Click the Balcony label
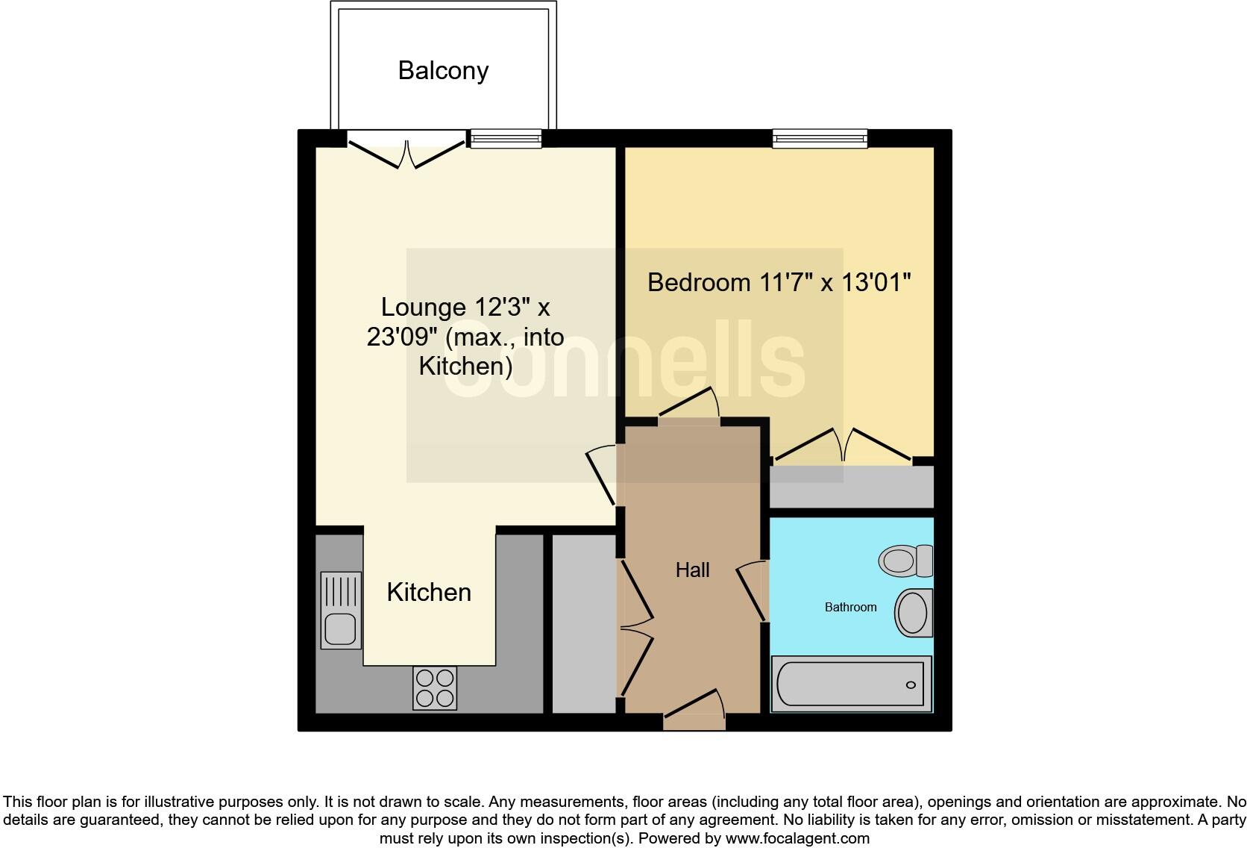click(x=443, y=71)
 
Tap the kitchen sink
click(x=341, y=611)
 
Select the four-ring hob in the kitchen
click(x=435, y=688)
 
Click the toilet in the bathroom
click(x=905, y=561)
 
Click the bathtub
click(x=851, y=684)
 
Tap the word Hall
click(x=692, y=570)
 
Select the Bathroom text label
click(x=850, y=608)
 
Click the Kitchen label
click(x=429, y=593)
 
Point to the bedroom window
click(x=820, y=139)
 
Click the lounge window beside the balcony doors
click(x=506, y=139)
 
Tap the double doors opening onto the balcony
click(x=407, y=152)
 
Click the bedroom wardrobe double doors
click(x=843, y=446)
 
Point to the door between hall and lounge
click(x=603, y=475)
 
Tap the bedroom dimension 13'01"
click(x=876, y=283)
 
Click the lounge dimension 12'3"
click(x=503, y=308)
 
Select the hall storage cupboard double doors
click(x=635, y=627)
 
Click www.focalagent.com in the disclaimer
click(x=797, y=838)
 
